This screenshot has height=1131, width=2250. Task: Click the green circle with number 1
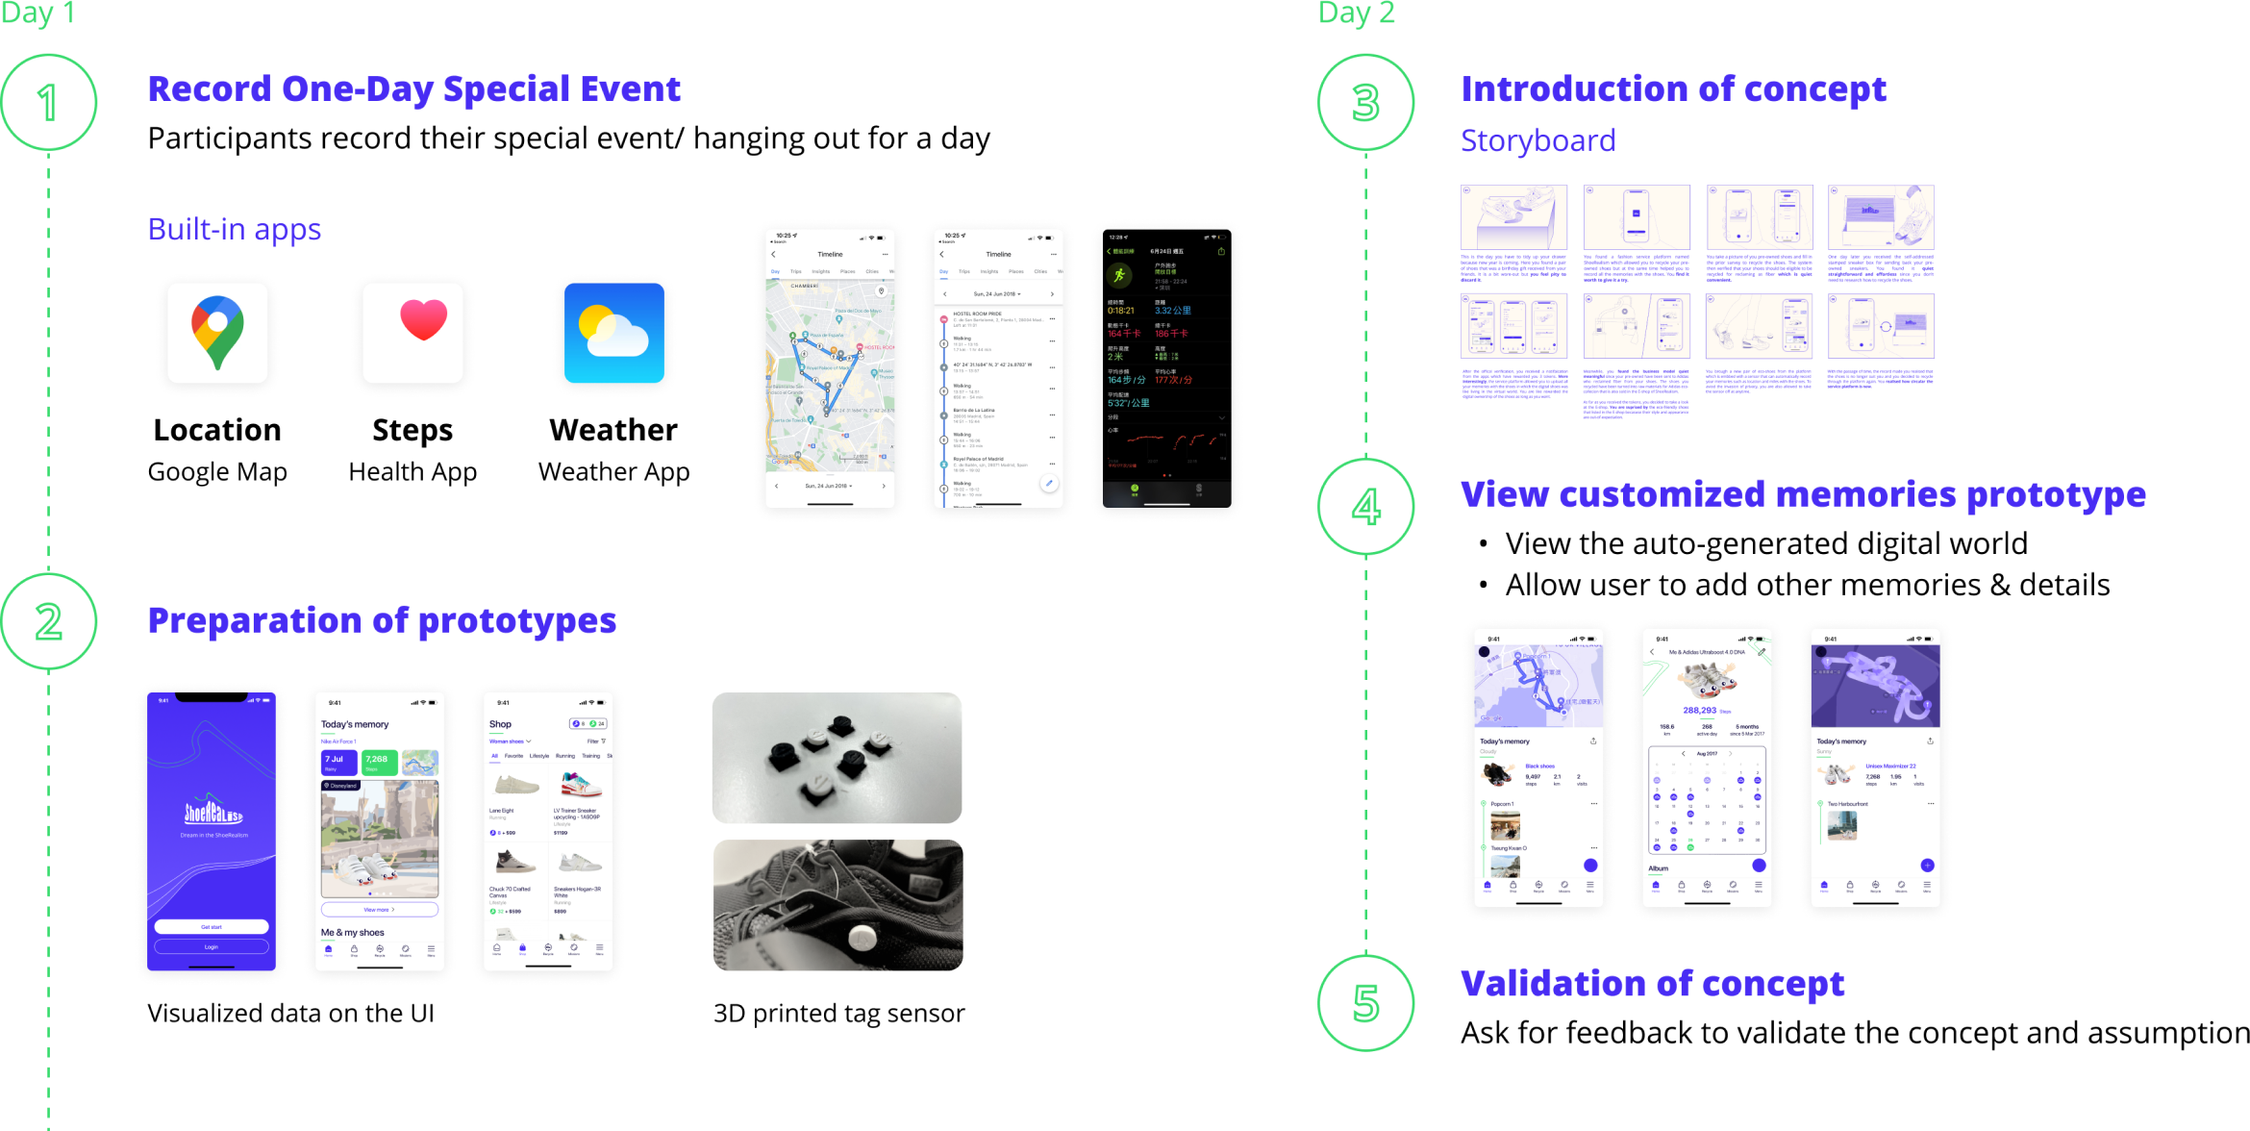point(48,102)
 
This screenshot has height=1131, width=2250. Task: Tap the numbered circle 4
point(1365,507)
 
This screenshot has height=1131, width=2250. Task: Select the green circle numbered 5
point(1365,1003)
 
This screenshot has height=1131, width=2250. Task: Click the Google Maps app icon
point(217,333)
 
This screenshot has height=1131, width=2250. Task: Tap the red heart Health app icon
point(413,333)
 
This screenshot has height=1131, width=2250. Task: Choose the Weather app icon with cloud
point(614,333)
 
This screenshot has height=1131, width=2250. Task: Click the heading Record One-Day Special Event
point(413,89)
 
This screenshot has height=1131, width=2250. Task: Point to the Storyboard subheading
point(1537,141)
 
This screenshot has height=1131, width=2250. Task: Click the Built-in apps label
point(234,230)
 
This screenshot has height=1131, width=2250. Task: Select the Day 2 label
point(1356,13)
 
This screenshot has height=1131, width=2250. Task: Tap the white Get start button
point(212,927)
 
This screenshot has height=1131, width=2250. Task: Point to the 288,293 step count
point(1700,711)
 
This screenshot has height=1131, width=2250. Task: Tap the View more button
point(379,910)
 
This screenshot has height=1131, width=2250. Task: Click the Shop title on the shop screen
point(500,724)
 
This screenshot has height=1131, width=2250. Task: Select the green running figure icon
point(1119,276)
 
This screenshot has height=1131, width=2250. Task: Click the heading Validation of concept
point(1652,985)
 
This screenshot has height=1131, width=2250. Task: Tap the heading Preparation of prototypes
point(382,621)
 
